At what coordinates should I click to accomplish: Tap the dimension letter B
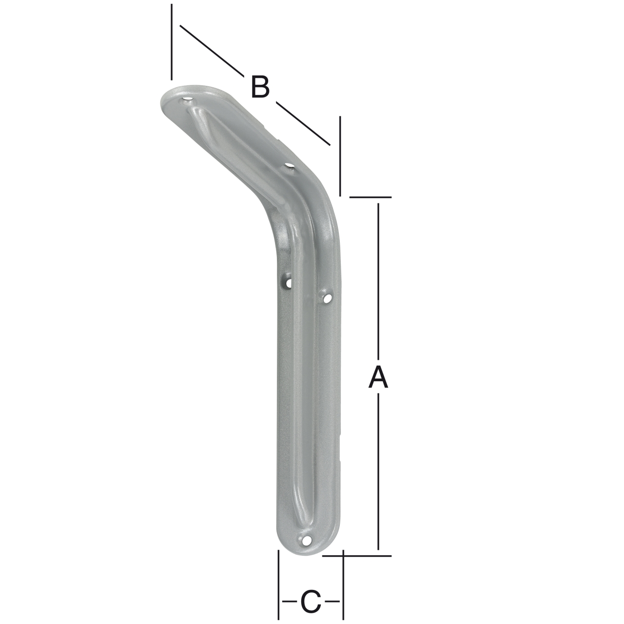(x=260, y=87)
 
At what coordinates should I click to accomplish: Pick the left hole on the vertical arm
(x=289, y=282)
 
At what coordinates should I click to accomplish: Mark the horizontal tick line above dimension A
(x=370, y=197)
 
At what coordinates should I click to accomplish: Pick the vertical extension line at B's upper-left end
(x=172, y=41)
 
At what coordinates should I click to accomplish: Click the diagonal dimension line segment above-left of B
(x=212, y=51)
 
